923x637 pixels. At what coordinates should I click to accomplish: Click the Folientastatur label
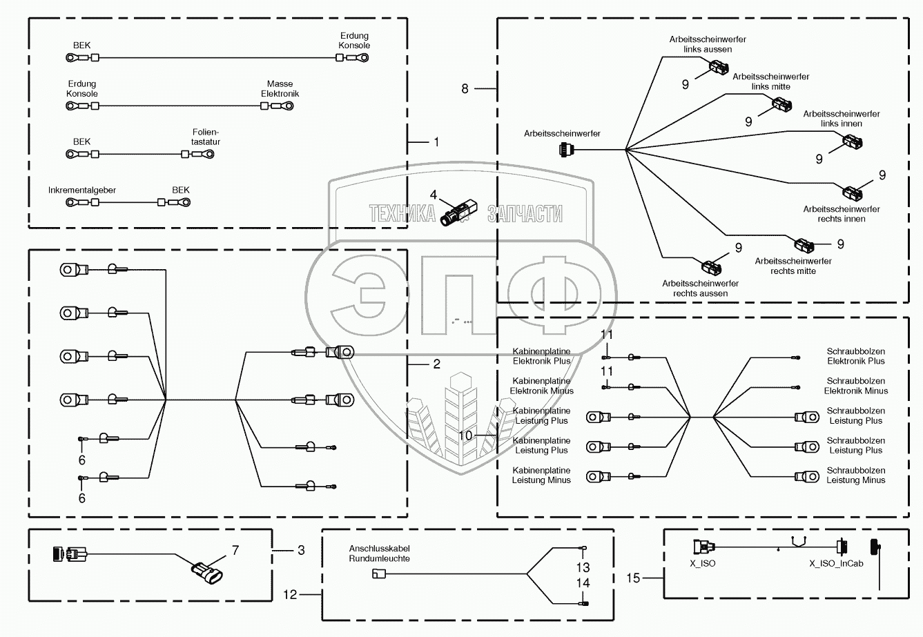click(206, 137)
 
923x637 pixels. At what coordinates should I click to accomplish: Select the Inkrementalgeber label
click(82, 190)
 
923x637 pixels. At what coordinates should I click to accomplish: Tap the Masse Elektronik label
click(280, 88)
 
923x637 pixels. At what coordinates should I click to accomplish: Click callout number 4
click(433, 195)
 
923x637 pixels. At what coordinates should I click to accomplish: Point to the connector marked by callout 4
click(458, 213)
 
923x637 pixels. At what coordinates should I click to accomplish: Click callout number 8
click(465, 88)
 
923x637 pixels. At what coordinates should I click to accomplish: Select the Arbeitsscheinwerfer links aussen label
click(708, 44)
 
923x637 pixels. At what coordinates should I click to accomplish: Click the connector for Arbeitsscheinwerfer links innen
click(852, 142)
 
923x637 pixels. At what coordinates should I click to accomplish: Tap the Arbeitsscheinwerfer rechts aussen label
click(700, 288)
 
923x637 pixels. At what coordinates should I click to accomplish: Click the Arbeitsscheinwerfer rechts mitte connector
click(804, 245)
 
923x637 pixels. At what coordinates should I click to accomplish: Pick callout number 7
click(235, 550)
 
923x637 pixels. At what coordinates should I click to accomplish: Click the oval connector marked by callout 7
click(207, 573)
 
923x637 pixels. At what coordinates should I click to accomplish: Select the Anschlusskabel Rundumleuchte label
click(379, 553)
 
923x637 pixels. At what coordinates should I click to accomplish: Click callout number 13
click(583, 567)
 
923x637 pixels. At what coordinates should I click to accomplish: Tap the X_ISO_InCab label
click(836, 563)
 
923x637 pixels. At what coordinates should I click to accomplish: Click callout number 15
click(633, 578)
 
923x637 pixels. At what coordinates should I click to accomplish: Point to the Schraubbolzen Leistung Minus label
click(856, 475)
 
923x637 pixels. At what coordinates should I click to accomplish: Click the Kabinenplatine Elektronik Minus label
click(541, 386)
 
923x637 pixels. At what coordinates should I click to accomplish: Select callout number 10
click(465, 435)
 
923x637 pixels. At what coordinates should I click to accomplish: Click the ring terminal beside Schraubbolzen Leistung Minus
click(807, 477)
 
